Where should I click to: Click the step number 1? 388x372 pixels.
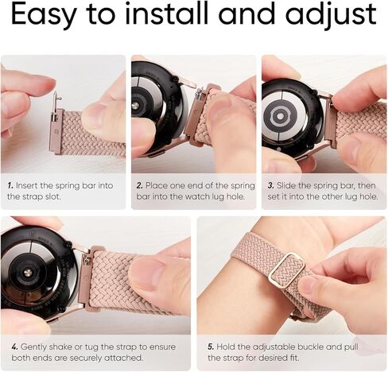10,184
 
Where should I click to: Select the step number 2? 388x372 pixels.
140,184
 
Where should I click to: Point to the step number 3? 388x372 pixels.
270,184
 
